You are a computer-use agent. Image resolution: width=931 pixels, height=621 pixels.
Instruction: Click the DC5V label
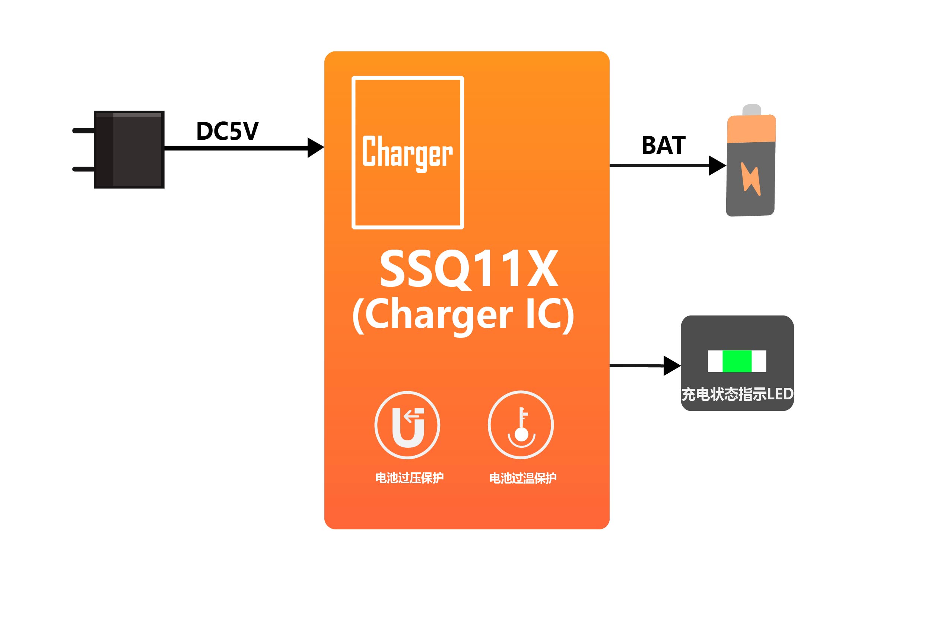pyautogui.click(x=227, y=131)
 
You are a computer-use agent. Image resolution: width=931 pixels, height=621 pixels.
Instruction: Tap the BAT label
pyautogui.click(x=663, y=145)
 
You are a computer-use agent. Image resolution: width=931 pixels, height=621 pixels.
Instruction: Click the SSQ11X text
pyautogui.click(x=469, y=269)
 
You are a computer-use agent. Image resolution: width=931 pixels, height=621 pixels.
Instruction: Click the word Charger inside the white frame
pyautogui.click(x=407, y=152)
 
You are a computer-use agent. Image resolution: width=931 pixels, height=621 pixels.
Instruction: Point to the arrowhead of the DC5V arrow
pyautogui.click(x=316, y=148)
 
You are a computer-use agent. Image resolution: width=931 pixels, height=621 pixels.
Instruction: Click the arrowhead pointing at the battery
pyautogui.click(x=717, y=165)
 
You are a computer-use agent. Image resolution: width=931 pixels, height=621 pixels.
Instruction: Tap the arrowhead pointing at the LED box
pyautogui.click(x=672, y=366)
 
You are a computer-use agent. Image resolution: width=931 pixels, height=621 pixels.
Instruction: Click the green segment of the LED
pyautogui.click(x=737, y=361)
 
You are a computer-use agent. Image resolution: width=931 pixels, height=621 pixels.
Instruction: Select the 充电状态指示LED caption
pyautogui.click(x=737, y=394)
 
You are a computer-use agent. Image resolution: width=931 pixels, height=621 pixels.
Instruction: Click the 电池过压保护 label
pyautogui.click(x=409, y=478)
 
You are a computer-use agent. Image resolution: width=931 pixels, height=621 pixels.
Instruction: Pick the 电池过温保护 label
pyautogui.click(x=523, y=478)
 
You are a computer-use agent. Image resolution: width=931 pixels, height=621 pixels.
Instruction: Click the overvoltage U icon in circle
pyautogui.click(x=407, y=425)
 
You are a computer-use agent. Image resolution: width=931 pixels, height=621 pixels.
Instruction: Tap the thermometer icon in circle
pyautogui.click(x=521, y=425)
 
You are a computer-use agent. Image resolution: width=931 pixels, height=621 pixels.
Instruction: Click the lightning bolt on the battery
pyautogui.click(x=750, y=179)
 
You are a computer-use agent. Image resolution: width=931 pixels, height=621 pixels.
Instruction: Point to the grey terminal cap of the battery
pyautogui.click(x=752, y=110)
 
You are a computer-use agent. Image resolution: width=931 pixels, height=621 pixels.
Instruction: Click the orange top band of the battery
pyautogui.click(x=751, y=129)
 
